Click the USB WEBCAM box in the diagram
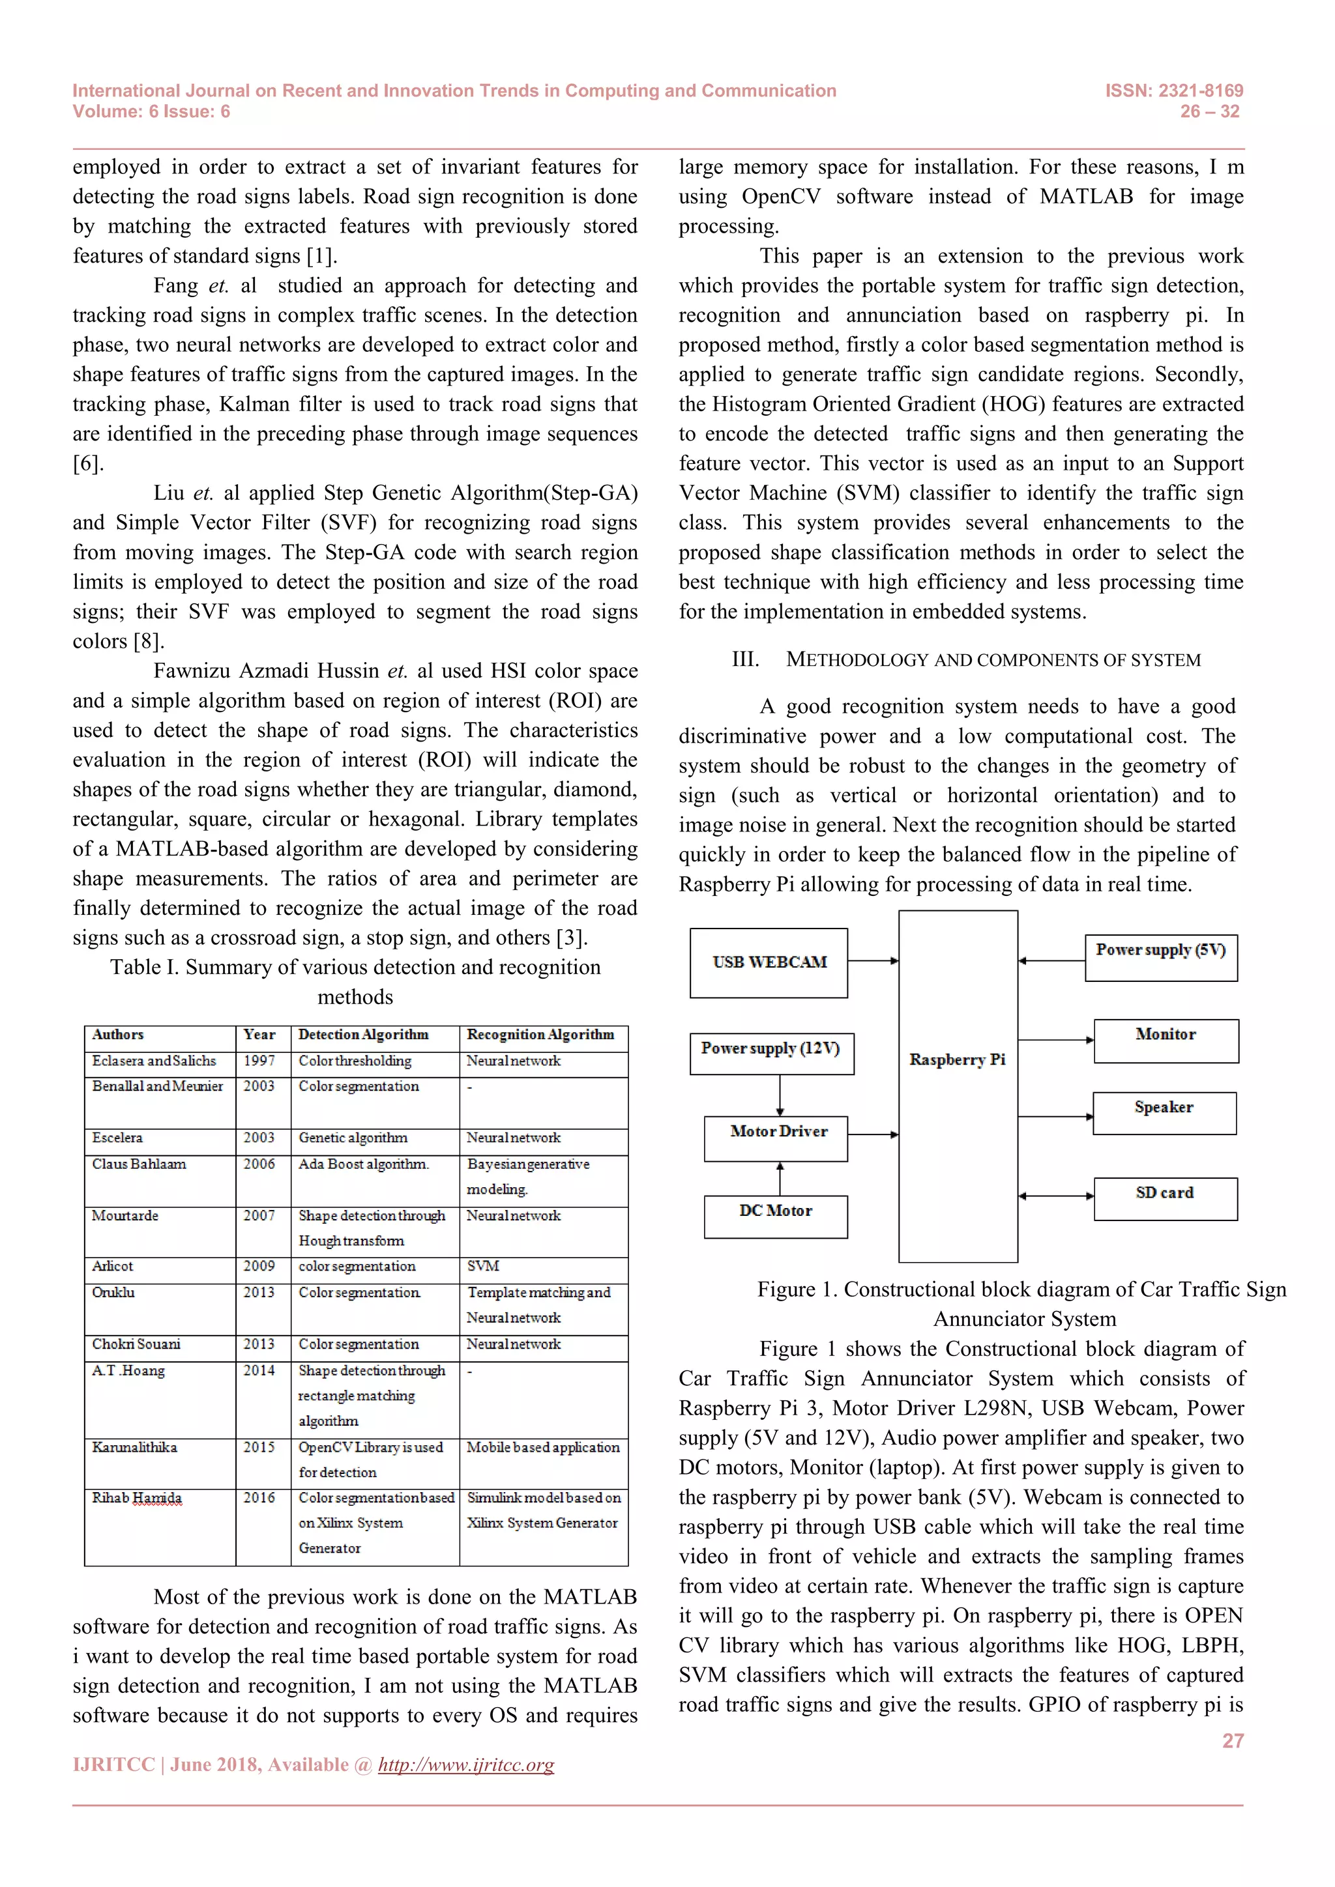(x=769, y=962)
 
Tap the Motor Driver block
(x=776, y=1138)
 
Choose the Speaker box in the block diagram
(x=1164, y=1112)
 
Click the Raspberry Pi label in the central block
(x=957, y=1059)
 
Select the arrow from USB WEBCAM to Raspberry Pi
(x=872, y=960)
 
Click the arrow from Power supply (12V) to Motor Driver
(x=780, y=1095)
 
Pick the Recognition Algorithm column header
(x=540, y=1035)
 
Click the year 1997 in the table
(x=259, y=1061)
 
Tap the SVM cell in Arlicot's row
(x=484, y=1267)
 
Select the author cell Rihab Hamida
(x=136, y=1498)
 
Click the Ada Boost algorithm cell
(x=363, y=1164)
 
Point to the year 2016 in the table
(x=259, y=1498)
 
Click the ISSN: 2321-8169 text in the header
(x=1173, y=91)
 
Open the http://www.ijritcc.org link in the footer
(x=465, y=1765)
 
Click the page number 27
(x=1232, y=1740)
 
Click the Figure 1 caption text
(x=1022, y=1303)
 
